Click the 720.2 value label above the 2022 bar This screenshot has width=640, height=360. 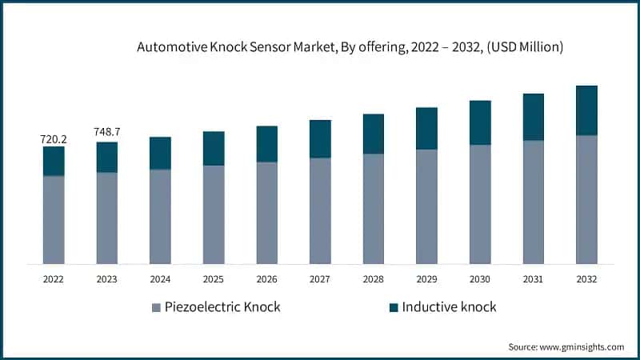coord(54,139)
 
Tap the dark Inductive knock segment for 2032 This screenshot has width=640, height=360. coord(586,110)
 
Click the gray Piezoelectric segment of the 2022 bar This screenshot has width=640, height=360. coord(54,219)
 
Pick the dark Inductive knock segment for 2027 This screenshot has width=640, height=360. coord(320,138)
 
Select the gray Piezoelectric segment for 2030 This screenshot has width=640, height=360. coord(480,204)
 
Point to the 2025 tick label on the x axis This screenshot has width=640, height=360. coord(214,279)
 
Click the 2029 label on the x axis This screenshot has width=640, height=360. coord(426,279)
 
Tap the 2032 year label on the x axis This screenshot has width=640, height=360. coord(586,279)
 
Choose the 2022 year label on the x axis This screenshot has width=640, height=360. coord(54,279)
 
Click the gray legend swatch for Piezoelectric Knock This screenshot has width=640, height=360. coord(155,307)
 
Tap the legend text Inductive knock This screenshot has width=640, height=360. coord(449,307)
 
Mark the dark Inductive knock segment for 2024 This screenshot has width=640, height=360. coord(160,153)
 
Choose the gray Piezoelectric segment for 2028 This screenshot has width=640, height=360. coord(374,208)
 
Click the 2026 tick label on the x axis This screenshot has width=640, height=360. coord(267,279)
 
